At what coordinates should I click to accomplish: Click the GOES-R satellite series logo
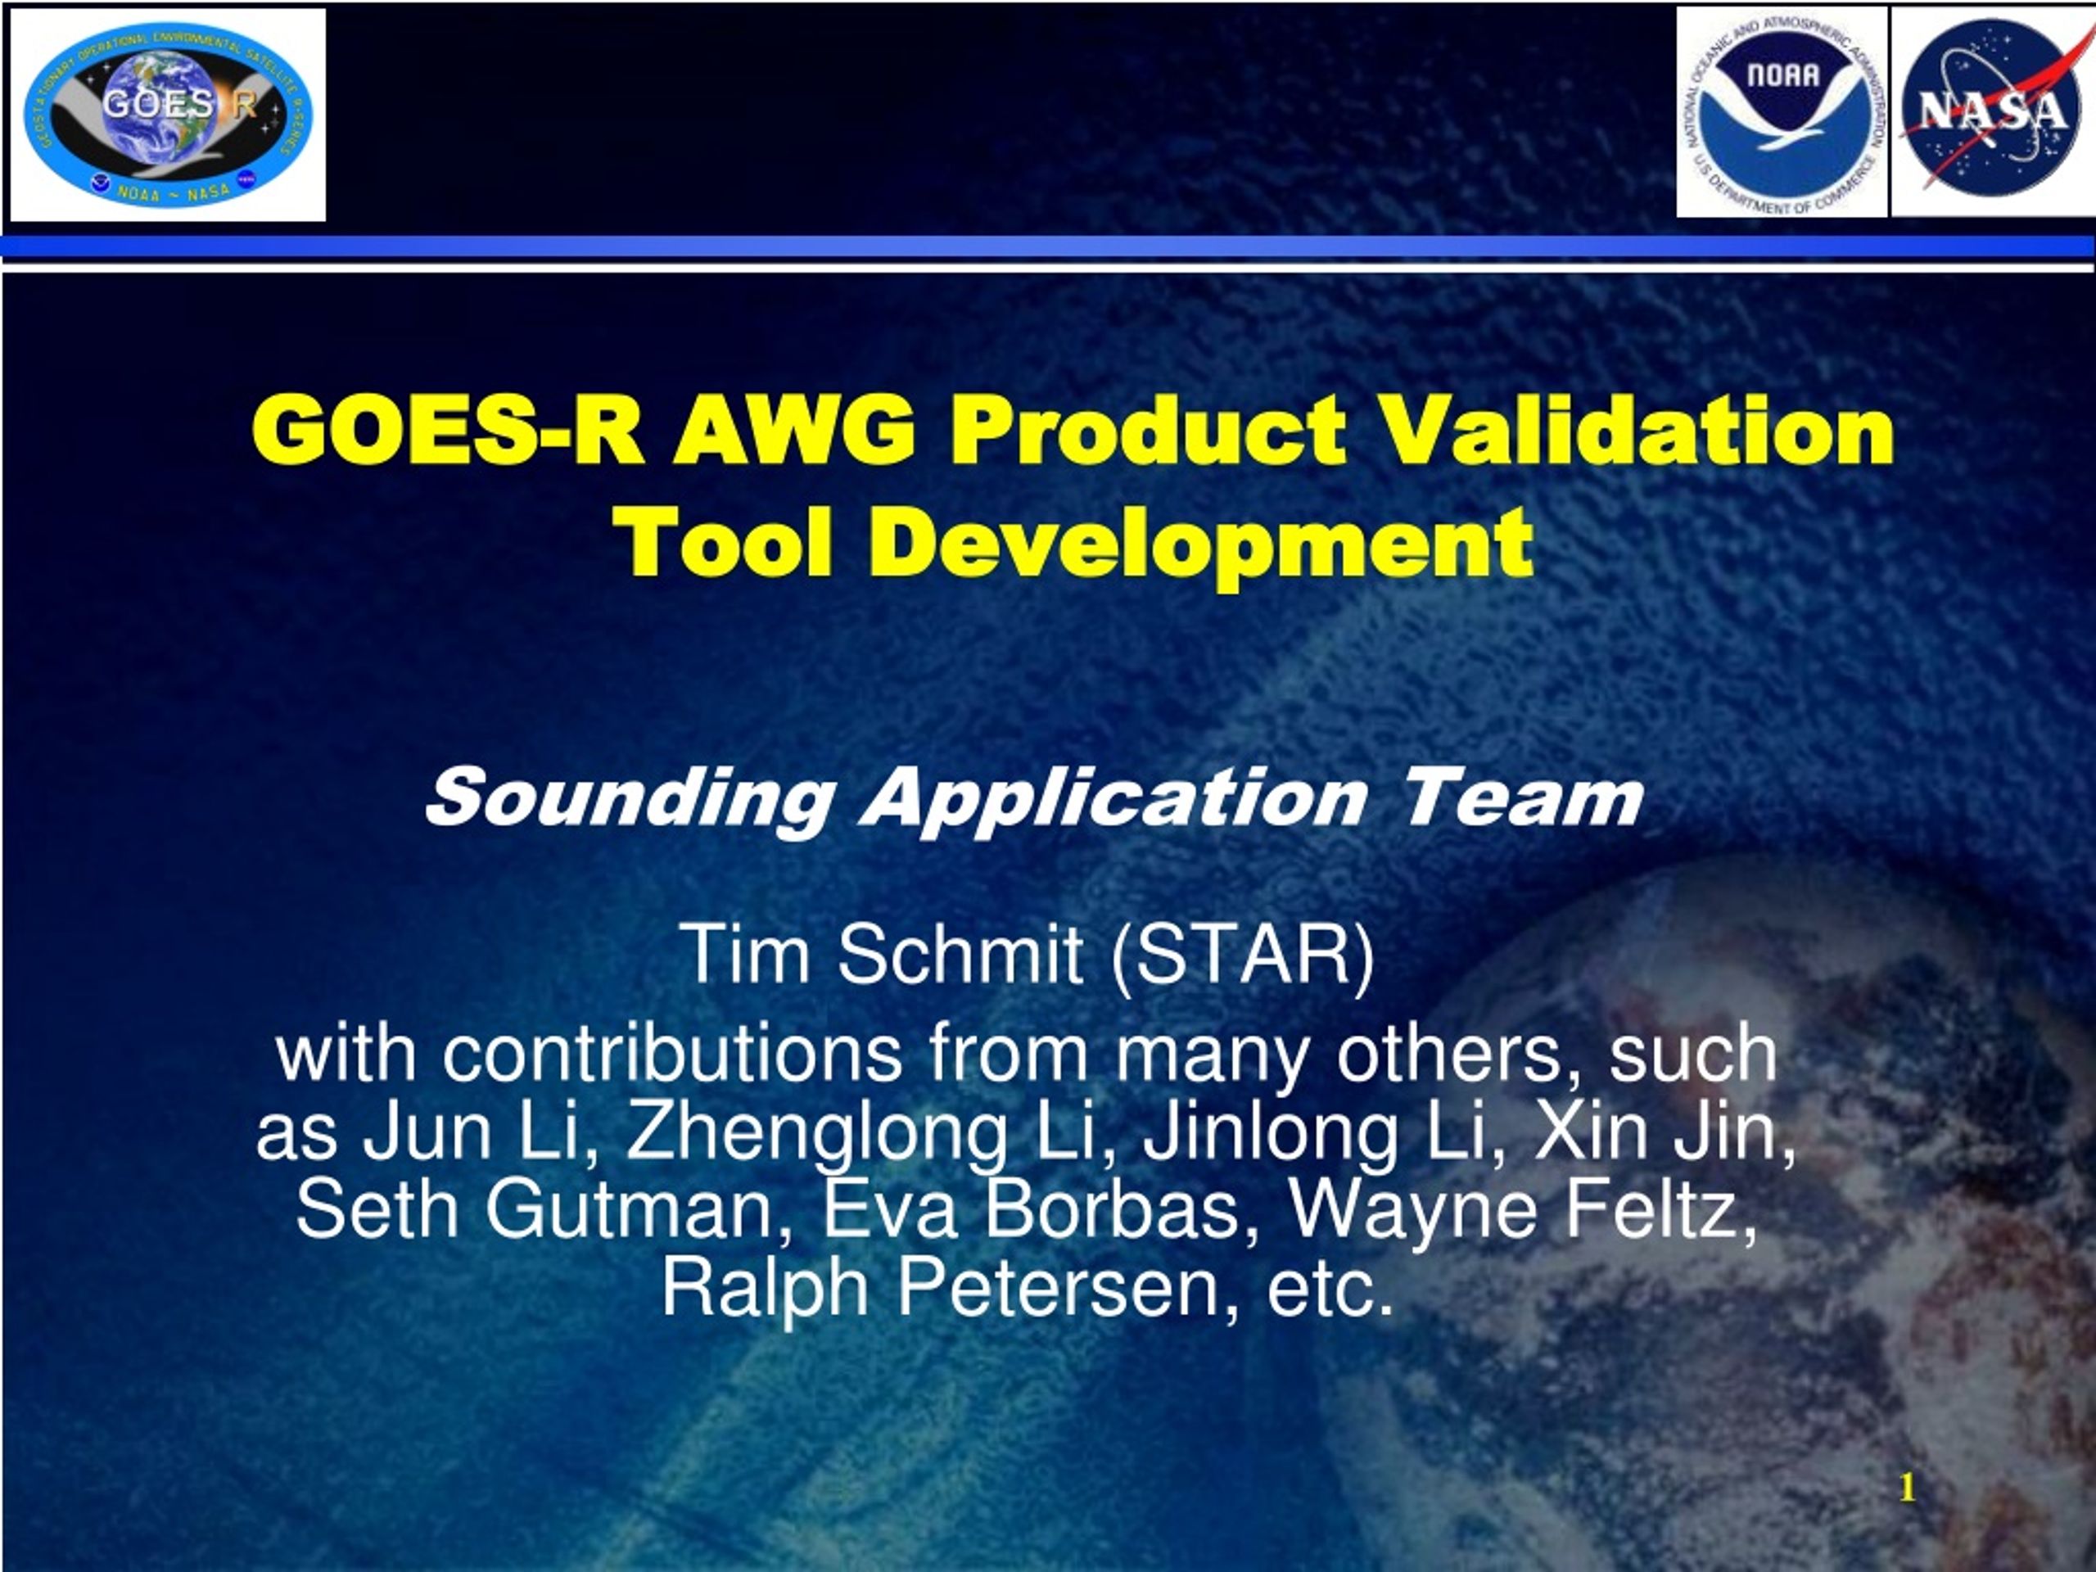168,115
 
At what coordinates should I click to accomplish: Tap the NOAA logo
1782,112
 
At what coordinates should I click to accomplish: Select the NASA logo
1991,112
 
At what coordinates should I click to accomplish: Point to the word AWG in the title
795,431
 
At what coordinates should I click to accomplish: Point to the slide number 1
1908,1488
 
